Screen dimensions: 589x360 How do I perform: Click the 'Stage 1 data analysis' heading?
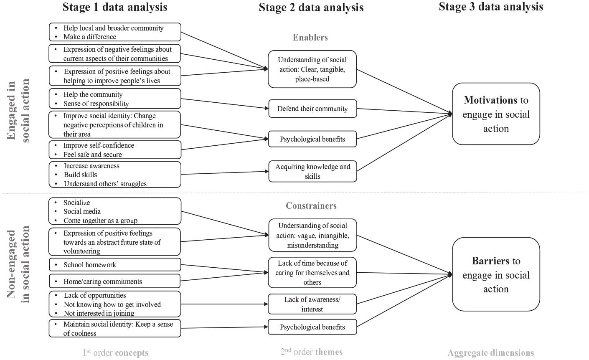(114, 7)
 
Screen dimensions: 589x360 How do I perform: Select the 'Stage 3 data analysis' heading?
(491, 7)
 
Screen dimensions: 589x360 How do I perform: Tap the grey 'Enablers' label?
(310, 37)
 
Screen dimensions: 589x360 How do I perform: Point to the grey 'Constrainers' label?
(311, 205)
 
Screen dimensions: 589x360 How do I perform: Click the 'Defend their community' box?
(312, 109)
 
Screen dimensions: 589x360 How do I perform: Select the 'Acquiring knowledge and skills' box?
(312, 172)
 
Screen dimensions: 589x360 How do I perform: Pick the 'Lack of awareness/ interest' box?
(312, 304)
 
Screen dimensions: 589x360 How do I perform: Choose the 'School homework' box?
(115, 264)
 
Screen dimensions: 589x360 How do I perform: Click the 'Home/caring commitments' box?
(114, 281)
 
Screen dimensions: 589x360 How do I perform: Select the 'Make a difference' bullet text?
(90, 37)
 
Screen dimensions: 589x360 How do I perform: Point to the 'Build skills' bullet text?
(81, 175)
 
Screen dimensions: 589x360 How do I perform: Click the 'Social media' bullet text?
(82, 211)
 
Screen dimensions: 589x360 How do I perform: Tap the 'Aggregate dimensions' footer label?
(491, 352)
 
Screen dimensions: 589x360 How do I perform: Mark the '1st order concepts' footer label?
(115, 352)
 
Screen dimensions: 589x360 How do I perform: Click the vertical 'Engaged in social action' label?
(18, 110)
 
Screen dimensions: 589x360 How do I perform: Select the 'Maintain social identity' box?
(115, 328)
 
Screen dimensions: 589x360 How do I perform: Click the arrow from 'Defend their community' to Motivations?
(405, 111)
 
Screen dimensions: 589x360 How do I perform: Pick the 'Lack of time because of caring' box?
(312, 272)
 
